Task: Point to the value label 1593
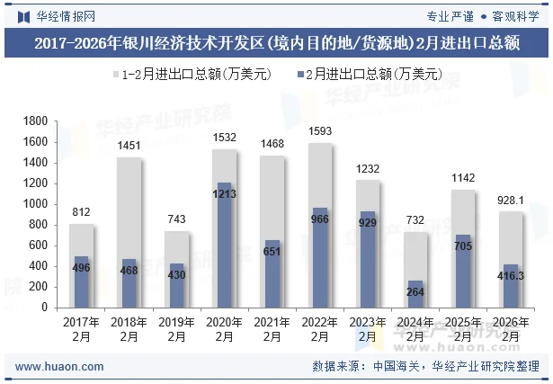(320, 131)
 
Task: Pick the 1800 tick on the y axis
(36, 121)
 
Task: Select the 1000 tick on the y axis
(36, 204)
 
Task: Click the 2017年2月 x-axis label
(81, 329)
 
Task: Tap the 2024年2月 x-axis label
(415, 329)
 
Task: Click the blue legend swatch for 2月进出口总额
(297, 75)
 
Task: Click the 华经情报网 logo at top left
(56, 15)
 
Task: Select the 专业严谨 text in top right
(450, 15)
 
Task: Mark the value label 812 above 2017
(81, 212)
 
